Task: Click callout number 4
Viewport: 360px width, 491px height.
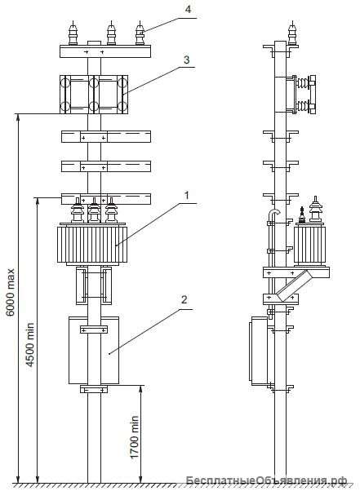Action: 188,9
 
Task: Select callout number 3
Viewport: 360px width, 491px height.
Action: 187,60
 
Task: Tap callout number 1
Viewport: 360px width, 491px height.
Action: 187,196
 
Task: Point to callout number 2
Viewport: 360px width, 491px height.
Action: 184,299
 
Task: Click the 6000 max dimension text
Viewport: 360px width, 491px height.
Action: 11,292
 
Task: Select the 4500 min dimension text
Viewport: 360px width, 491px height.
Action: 29,344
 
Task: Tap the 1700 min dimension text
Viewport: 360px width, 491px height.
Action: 134,437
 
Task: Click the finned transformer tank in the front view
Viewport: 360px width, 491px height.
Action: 92,244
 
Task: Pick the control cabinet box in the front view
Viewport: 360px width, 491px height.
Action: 94,350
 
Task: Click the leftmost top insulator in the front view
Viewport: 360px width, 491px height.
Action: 73,33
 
